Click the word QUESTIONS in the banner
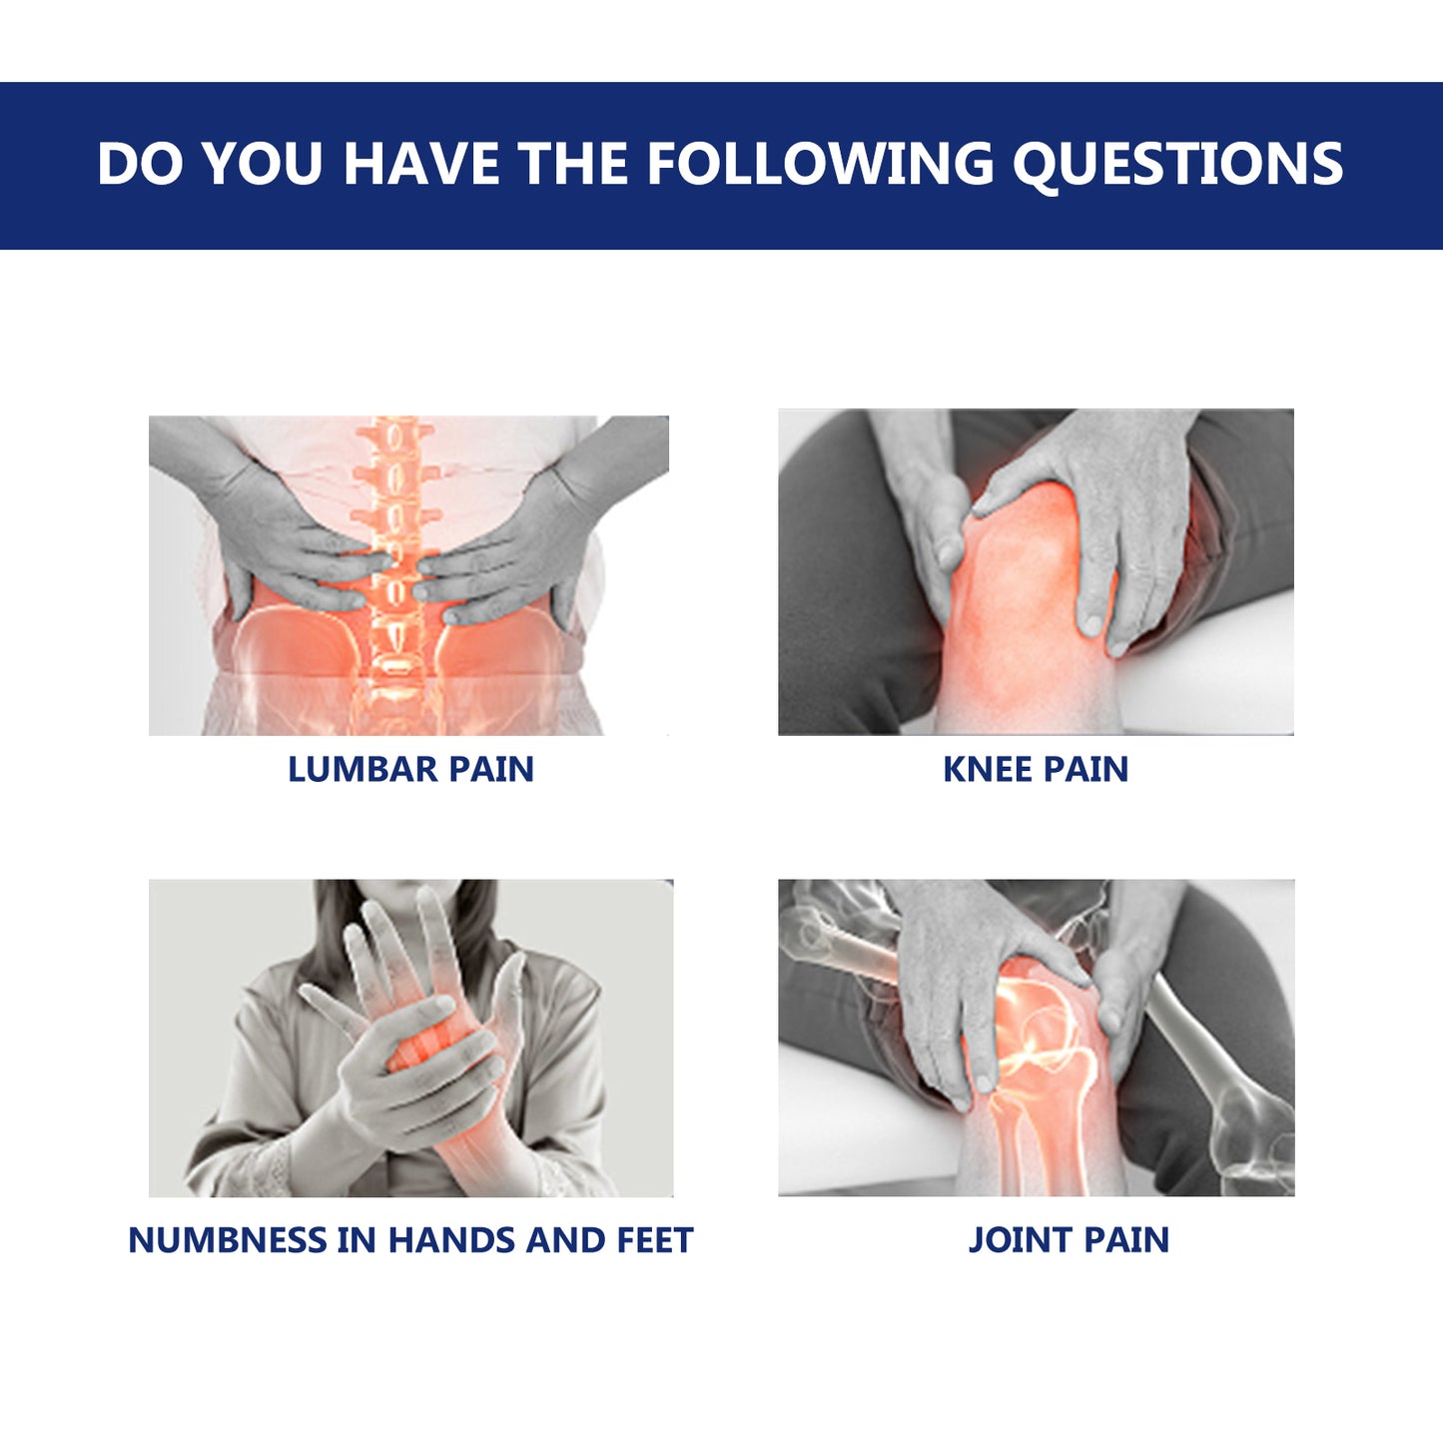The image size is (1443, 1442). point(1177,165)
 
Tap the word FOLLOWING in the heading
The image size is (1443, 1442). point(820,165)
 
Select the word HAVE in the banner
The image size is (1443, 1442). point(420,165)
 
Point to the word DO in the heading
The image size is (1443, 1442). point(140,165)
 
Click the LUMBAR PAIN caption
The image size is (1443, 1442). point(410,769)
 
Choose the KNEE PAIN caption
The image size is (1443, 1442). point(1036,769)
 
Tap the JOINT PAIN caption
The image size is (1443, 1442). point(1069,1240)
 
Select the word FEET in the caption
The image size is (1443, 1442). point(654,1240)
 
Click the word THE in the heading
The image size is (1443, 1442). point(572,165)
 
